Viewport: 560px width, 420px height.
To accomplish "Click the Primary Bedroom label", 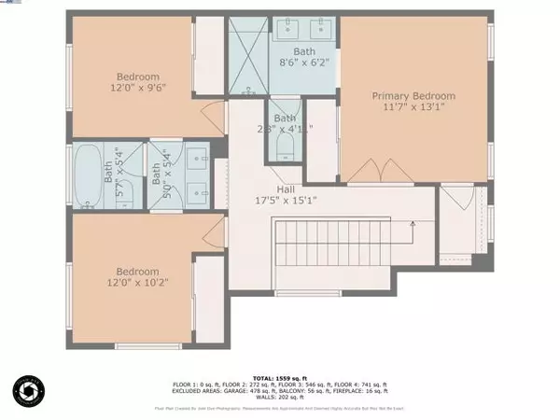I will pos(413,96).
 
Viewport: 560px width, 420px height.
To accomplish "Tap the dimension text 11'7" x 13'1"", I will pos(413,108).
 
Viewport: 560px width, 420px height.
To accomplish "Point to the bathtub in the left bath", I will pos(90,175).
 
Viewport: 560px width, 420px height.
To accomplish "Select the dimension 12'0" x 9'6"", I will pos(138,90).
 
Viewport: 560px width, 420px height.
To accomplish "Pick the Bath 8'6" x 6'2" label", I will pos(304,58).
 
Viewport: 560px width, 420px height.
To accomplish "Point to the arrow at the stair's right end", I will pos(412,224).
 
